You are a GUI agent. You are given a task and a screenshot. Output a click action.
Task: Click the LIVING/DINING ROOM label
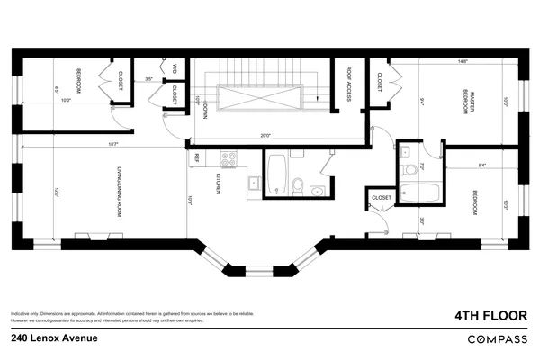[119, 192]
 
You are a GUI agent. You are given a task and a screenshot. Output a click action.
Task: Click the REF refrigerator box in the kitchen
[196, 157]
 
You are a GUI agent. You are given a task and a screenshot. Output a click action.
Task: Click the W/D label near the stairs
[173, 68]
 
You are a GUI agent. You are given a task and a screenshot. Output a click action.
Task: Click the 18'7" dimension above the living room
[113, 144]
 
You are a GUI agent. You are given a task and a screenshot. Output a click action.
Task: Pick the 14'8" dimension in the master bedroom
[463, 62]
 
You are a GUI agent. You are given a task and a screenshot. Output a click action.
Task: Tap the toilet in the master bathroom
[410, 168]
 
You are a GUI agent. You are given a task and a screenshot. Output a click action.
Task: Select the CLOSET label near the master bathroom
[381, 197]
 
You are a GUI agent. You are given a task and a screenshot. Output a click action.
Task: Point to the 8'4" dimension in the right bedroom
[482, 165]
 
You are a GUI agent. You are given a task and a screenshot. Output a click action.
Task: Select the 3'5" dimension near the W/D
[149, 79]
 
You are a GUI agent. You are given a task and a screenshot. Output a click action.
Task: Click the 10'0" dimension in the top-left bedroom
[66, 100]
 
